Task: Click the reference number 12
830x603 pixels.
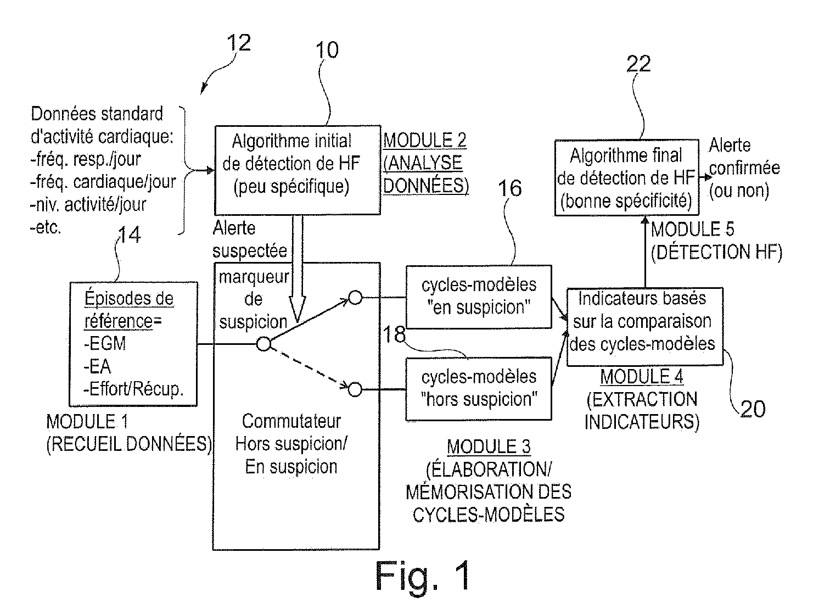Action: [x=239, y=43]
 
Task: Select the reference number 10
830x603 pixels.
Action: [x=327, y=50]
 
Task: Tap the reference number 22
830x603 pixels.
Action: [x=638, y=64]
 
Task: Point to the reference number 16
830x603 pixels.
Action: [x=510, y=188]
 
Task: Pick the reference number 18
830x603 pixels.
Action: [x=394, y=334]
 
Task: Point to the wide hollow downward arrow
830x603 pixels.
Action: [x=297, y=269]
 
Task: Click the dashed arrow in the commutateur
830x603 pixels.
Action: [x=310, y=367]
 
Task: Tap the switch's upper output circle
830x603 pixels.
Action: [x=355, y=298]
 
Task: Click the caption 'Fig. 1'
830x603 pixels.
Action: [x=423, y=576]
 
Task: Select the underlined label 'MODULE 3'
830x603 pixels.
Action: [x=489, y=446]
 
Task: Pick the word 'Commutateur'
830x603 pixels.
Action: [x=291, y=421]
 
